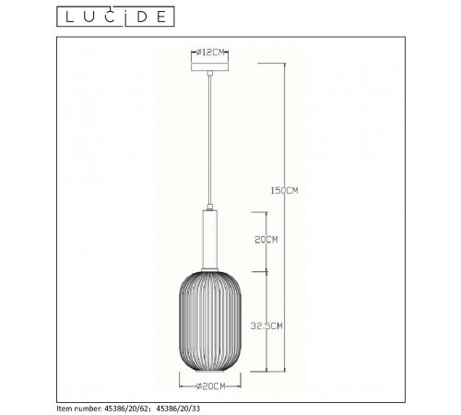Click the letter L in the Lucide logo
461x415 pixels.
[70, 17]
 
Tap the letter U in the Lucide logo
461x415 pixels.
[89, 17]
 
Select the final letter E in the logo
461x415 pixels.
[161, 17]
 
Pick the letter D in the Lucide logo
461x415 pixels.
[142, 17]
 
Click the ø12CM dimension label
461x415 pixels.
[210, 53]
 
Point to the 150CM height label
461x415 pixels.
[284, 191]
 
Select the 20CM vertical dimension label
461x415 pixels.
[266, 240]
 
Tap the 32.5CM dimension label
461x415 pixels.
[266, 326]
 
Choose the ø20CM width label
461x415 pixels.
[211, 386]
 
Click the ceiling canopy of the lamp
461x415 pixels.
[209, 66]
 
